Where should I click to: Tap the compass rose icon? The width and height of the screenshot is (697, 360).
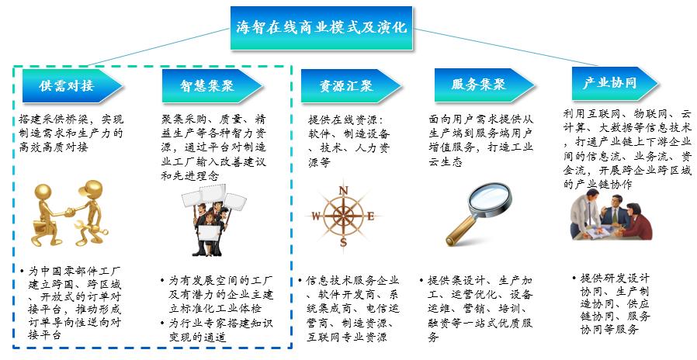[343, 214]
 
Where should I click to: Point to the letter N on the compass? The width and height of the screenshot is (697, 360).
[343, 191]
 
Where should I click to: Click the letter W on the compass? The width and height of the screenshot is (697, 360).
[316, 218]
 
